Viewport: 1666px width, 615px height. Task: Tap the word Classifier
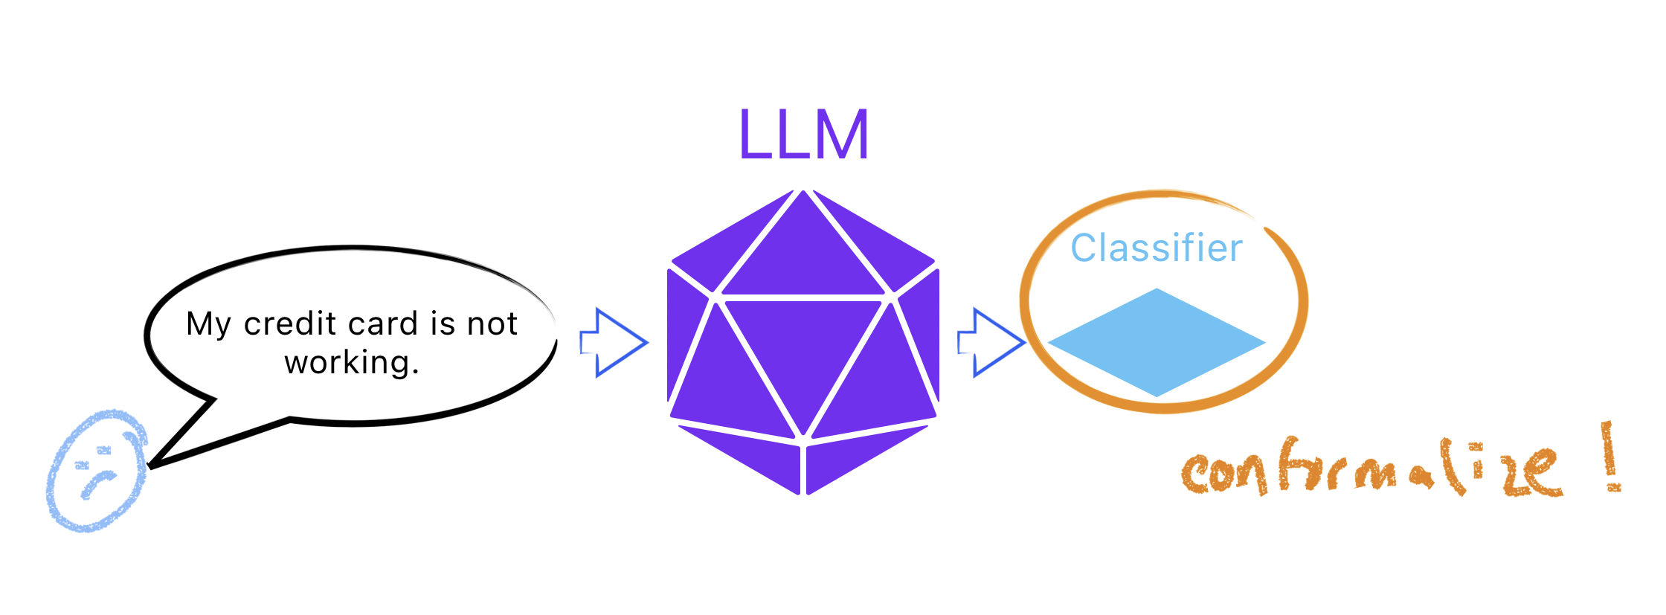pos(1157,248)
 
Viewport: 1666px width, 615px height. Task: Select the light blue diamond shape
pos(1157,342)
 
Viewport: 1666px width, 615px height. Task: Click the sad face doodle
pos(97,470)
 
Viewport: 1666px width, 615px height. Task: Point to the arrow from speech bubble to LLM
pos(614,343)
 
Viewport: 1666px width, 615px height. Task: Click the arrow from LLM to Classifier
pos(991,343)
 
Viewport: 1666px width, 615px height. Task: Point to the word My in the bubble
pos(209,325)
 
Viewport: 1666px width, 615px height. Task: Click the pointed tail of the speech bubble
pos(151,466)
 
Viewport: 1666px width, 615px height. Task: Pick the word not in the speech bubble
pos(492,324)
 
